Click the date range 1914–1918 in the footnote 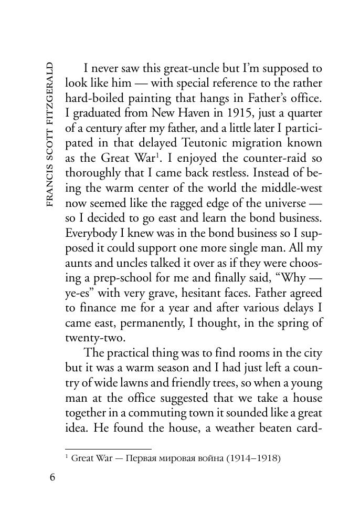[x=253, y=458]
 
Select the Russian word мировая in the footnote [x=175, y=458]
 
